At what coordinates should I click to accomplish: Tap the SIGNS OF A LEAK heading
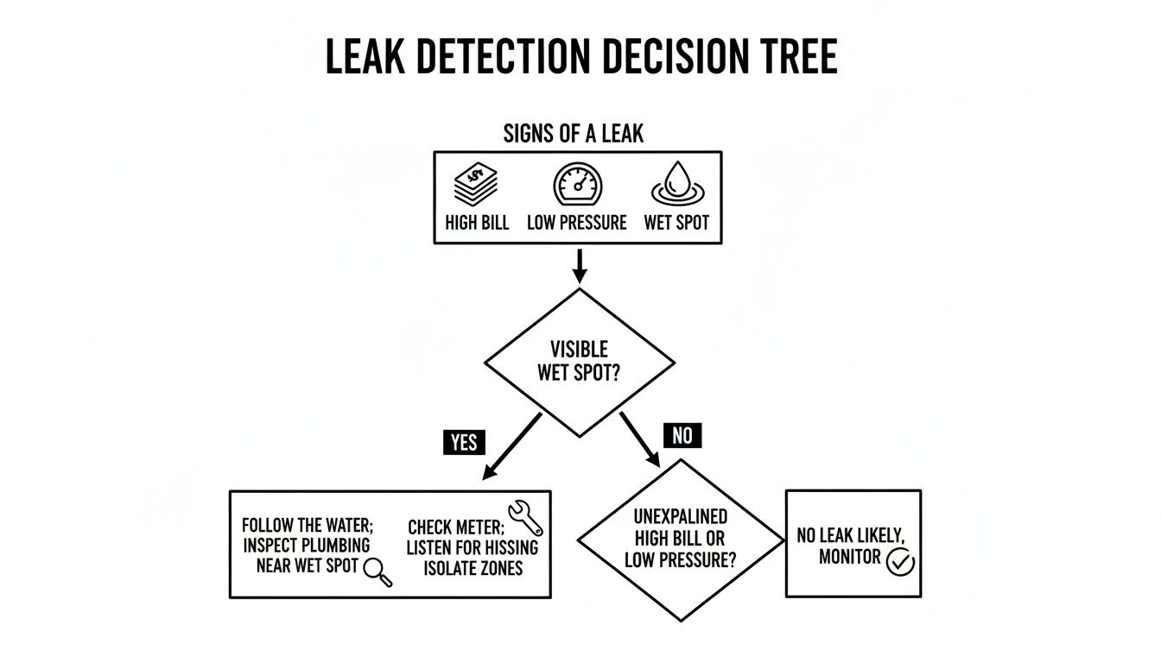(x=574, y=134)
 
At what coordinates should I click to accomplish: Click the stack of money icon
(x=477, y=186)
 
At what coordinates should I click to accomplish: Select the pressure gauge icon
(x=578, y=186)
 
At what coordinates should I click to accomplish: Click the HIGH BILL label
(x=477, y=223)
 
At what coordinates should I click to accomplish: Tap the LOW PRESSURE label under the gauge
(x=577, y=223)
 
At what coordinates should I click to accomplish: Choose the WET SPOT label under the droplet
(x=676, y=223)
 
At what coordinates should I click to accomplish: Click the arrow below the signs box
(x=580, y=265)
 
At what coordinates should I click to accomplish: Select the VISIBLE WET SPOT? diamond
(x=580, y=362)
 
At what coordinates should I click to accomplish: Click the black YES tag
(x=463, y=443)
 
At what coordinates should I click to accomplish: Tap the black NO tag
(x=682, y=436)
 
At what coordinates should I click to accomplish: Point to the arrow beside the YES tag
(x=513, y=445)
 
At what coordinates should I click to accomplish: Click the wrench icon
(x=525, y=518)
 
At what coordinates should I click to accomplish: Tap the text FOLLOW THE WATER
(x=308, y=525)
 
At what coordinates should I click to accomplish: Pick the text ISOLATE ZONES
(x=473, y=569)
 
